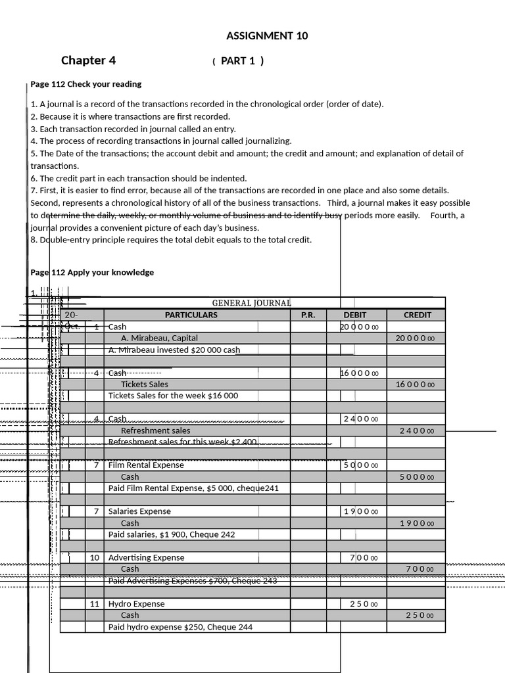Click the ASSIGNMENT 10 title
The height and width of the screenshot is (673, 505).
click(267, 35)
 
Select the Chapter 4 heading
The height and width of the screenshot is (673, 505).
click(88, 60)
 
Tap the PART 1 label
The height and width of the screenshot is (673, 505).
click(238, 61)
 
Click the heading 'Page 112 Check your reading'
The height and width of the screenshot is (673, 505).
click(86, 84)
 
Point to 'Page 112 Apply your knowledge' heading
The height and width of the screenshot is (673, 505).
click(92, 272)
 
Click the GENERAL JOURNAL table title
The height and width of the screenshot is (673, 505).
click(251, 303)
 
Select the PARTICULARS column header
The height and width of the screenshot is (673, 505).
click(191, 315)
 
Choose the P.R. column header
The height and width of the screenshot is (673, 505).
click(308, 315)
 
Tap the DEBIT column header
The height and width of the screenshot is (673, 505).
click(355, 315)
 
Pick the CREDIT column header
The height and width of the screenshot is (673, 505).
click(417, 315)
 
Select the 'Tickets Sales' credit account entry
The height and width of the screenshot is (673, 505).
click(145, 384)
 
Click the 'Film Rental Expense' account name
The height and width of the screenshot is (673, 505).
click(146, 465)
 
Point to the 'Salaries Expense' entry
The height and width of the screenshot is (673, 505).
click(139, 511)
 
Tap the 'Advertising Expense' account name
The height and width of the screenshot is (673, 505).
click(147, 558)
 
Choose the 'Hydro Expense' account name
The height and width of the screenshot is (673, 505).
click(137, 604)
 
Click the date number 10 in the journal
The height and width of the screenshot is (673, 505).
click(95, 558)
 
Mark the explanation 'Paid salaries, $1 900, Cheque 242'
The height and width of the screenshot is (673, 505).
click(172, 535)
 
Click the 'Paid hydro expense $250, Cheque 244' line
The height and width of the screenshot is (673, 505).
click(180, 627)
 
